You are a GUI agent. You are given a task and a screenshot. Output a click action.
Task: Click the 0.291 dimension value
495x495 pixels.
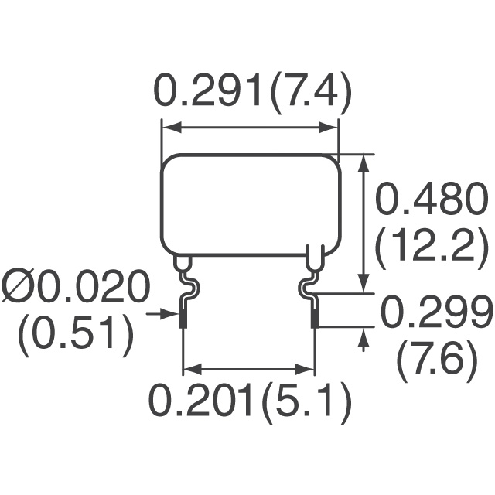[207, 90]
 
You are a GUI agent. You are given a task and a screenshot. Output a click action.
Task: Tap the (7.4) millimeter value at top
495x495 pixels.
[311, 94]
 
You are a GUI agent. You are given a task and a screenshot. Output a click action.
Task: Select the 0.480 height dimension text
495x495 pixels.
[429, 198]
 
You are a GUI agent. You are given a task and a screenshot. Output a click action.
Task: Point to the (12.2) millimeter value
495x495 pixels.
[430, 247]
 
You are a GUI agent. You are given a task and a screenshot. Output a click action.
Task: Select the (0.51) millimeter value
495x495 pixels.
[76, 336]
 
